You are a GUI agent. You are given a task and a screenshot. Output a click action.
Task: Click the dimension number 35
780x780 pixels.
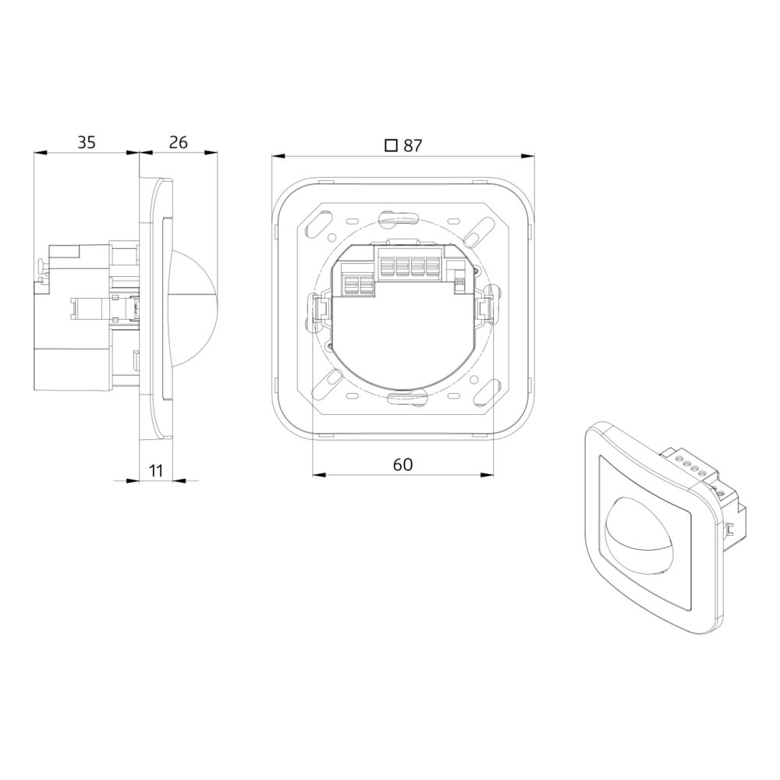pos(86,143)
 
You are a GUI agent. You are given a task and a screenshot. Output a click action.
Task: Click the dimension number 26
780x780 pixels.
pos(178,143)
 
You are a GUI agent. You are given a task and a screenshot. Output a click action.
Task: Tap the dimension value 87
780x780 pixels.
pos(413,146)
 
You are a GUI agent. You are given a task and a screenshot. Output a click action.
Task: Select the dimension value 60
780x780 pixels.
pos(402,465)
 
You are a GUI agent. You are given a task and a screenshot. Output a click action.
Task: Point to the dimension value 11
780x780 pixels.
pos(156,470)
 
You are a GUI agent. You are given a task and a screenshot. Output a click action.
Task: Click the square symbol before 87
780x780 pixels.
pos(392,145)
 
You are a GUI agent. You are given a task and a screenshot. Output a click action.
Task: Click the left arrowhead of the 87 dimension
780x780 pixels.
pos(278,156)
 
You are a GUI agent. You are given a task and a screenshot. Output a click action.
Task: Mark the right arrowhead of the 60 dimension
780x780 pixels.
pos(487,475)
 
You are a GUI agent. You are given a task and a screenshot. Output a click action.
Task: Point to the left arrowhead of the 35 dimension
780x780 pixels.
pos(41,153)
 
